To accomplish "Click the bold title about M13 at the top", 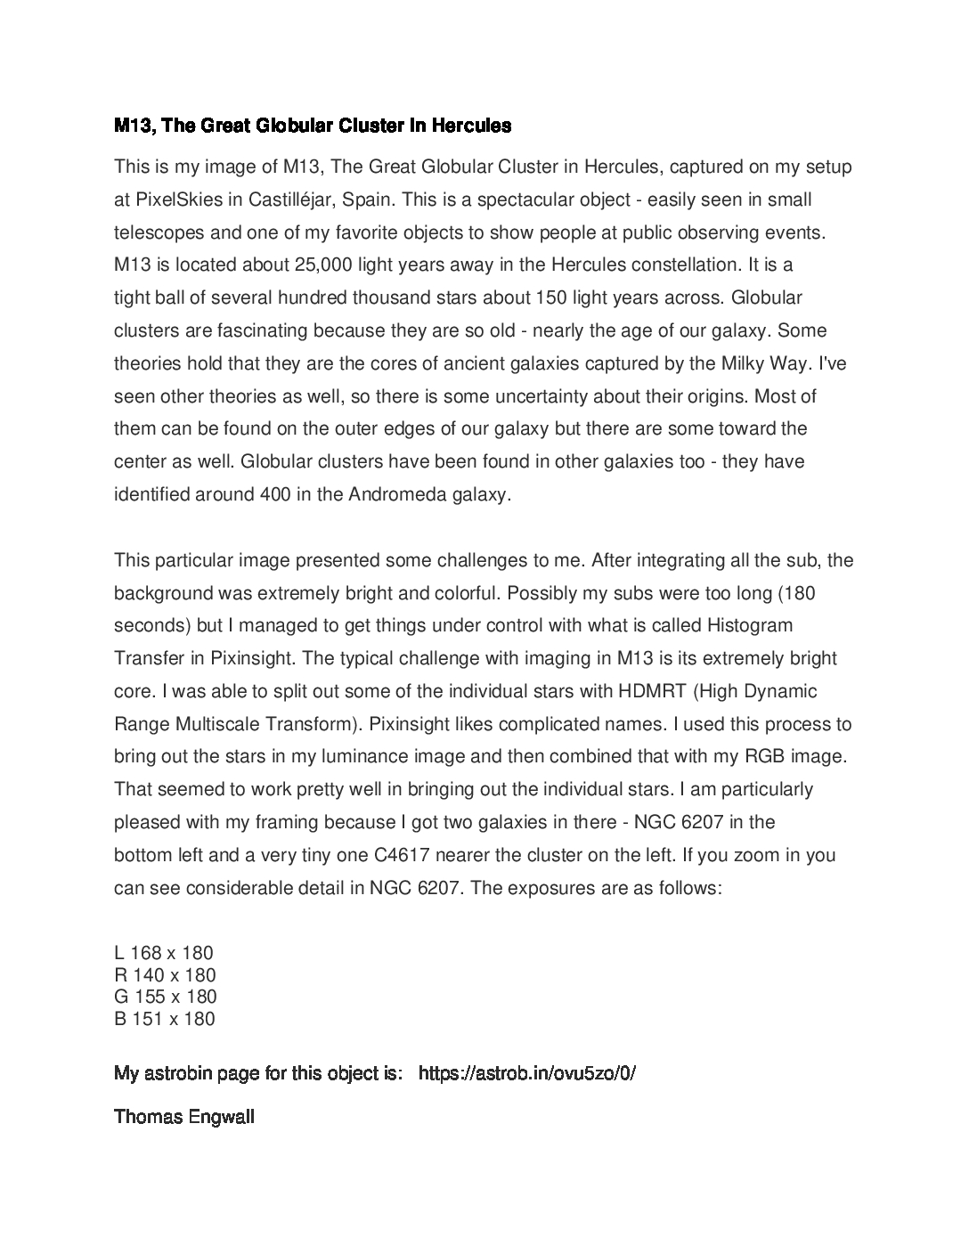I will click(x=313, y=126).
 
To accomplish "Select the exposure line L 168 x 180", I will click(x=164, y=954).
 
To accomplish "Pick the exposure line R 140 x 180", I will click(x=165, y=975).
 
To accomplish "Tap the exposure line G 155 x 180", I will click(x=165, y=997).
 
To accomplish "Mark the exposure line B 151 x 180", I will click(x=164, y=1019).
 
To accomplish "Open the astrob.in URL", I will click(x=526, y=1073).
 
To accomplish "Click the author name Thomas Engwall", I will click(x=184, y=1117).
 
